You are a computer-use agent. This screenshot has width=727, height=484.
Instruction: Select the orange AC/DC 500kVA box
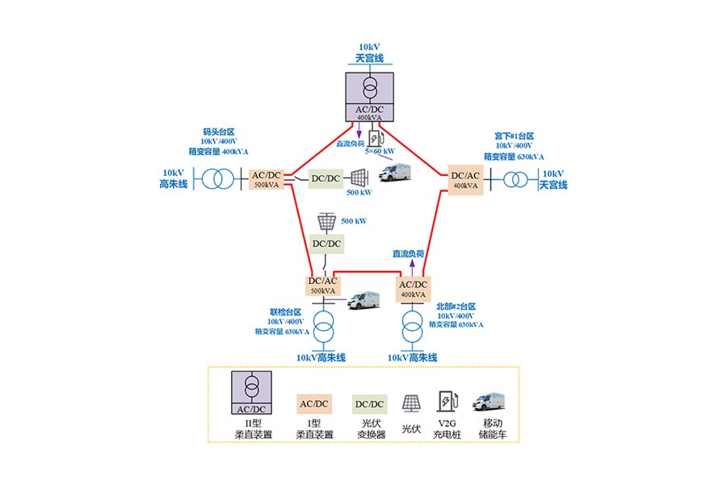pos(266,179)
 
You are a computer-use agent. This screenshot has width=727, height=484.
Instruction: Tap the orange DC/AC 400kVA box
pos(465,179)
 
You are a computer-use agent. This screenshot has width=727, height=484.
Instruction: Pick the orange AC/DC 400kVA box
pos(412,288)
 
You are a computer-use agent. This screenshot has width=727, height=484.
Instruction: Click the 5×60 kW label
pos(380,151)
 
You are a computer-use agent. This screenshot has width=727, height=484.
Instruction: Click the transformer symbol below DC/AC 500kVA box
pos(324,329)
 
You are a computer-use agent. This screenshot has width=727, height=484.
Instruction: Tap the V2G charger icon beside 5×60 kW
pos(374,136)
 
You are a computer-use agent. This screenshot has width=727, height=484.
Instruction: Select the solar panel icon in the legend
pos(411,403)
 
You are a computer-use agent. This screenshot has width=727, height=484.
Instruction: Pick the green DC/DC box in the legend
pos(371,403)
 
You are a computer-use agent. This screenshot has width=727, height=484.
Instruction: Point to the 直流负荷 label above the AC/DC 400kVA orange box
pos(409,253)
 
